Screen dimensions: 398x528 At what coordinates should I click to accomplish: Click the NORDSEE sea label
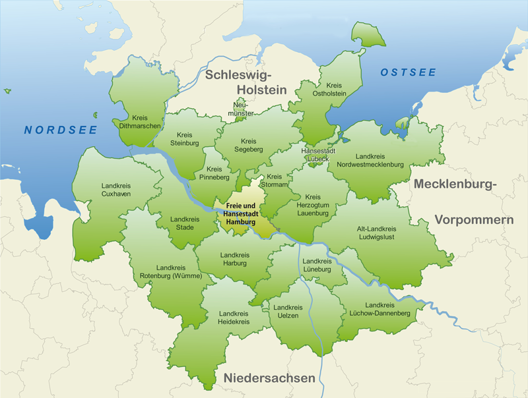point(61,130)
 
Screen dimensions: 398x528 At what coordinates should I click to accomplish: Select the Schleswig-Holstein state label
point(246,82)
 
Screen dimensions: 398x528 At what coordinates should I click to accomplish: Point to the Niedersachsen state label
point(269,378)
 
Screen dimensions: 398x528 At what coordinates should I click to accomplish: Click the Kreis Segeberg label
point(248,146)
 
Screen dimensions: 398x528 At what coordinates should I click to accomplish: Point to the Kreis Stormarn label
point(274,181)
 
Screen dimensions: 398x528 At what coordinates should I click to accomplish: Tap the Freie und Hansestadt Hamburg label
point(240,214)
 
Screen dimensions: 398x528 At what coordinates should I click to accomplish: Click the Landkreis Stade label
point(184,223)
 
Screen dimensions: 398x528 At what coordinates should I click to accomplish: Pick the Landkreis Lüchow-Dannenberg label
point(379,310)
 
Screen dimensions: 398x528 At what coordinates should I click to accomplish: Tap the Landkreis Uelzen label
point(288,312)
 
